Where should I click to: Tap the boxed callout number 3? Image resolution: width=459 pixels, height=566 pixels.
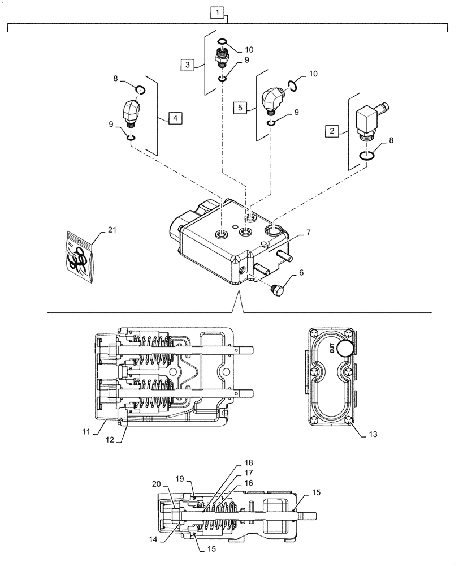point(187,66)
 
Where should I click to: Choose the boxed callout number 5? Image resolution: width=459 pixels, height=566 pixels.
point(240,106)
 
